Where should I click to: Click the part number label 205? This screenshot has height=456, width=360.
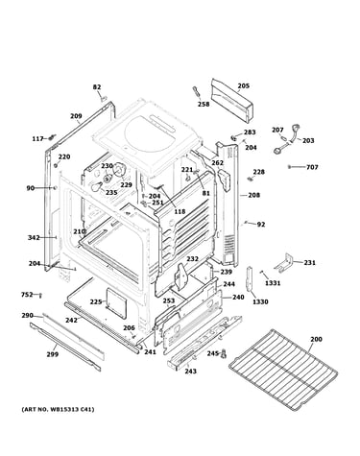pyautogui.click(x=243, y=85)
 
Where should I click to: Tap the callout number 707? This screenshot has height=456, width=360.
pyautogui.click(x=312, y=167)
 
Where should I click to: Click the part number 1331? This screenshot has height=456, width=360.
pyautogui.click(x=273, y=283)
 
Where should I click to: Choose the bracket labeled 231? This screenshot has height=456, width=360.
pyautogui.click(x=284, y=263)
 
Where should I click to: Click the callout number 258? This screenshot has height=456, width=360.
pyautogui.click(x=204, y=105)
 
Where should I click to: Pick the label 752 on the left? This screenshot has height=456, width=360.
pyautogui.click(x=27, y=294)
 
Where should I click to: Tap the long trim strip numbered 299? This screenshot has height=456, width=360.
pyautogui.click(x=65, y=347)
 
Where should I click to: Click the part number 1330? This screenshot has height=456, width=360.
pyautogui.click(x=260, y=301)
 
